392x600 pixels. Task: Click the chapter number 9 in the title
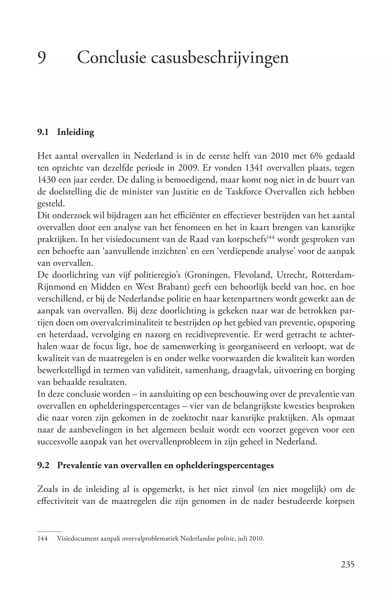[42, 58]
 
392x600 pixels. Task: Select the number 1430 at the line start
[46, 180]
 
